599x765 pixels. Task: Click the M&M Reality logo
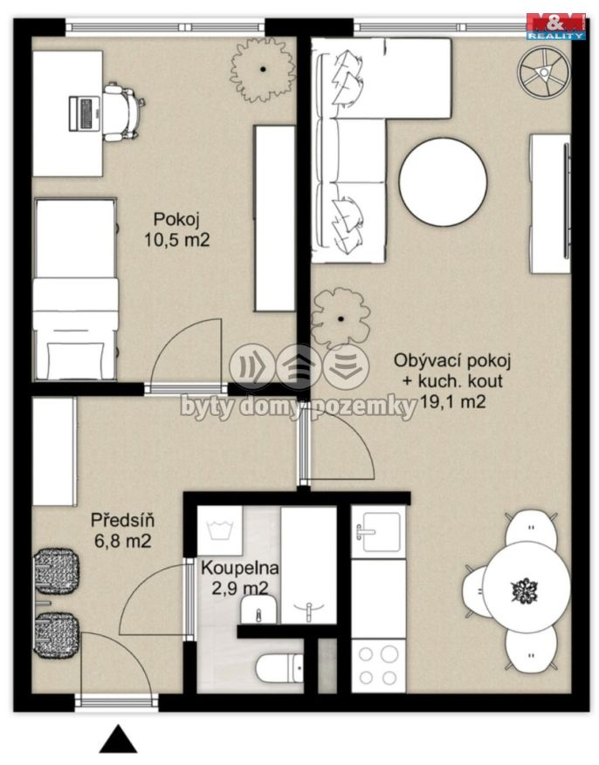(555, 26)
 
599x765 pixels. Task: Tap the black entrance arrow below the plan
(118, 739)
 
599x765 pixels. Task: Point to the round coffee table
(443, 181)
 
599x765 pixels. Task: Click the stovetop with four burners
(378, 666)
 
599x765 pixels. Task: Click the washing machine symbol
(220, 531)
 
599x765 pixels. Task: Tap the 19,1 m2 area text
(453, 401)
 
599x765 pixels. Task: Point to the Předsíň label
(122, 519)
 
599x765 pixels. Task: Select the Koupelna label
(240, 568)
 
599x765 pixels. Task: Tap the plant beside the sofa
(341, 319)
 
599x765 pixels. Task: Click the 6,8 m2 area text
(122, 541)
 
